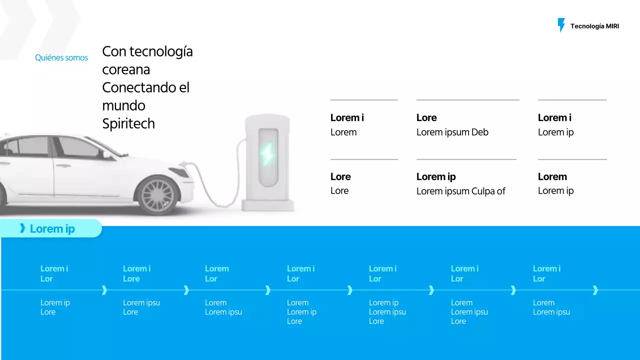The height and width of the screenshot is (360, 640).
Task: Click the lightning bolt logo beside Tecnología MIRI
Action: (561, 25)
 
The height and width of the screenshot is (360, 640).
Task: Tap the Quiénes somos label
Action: (61, 58)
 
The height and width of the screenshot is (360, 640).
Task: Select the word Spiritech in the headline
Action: (128, 123)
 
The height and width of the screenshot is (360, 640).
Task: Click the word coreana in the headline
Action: (126, 69)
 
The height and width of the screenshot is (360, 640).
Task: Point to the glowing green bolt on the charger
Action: (267, 154)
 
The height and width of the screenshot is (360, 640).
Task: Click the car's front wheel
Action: (157, 195)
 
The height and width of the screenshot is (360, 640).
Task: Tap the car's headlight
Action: (179, 172)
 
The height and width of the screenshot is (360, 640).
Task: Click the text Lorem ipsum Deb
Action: (452, 132)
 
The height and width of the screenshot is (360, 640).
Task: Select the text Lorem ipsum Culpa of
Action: (460, 191)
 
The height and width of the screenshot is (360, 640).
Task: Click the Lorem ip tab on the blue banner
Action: (52, 229)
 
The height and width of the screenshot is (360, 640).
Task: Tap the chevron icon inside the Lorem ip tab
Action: (22, 228)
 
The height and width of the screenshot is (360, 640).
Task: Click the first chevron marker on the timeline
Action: (104, 290)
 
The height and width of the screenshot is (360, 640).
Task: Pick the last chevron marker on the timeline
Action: (595, 290)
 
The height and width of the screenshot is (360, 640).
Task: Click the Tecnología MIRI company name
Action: (594, 26)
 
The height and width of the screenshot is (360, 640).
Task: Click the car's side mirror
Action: (107, 154)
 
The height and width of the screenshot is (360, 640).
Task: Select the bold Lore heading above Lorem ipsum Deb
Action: (426, 118)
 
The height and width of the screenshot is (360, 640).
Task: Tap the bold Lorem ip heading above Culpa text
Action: (436, 177)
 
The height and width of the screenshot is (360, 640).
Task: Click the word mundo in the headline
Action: (123, 105)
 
